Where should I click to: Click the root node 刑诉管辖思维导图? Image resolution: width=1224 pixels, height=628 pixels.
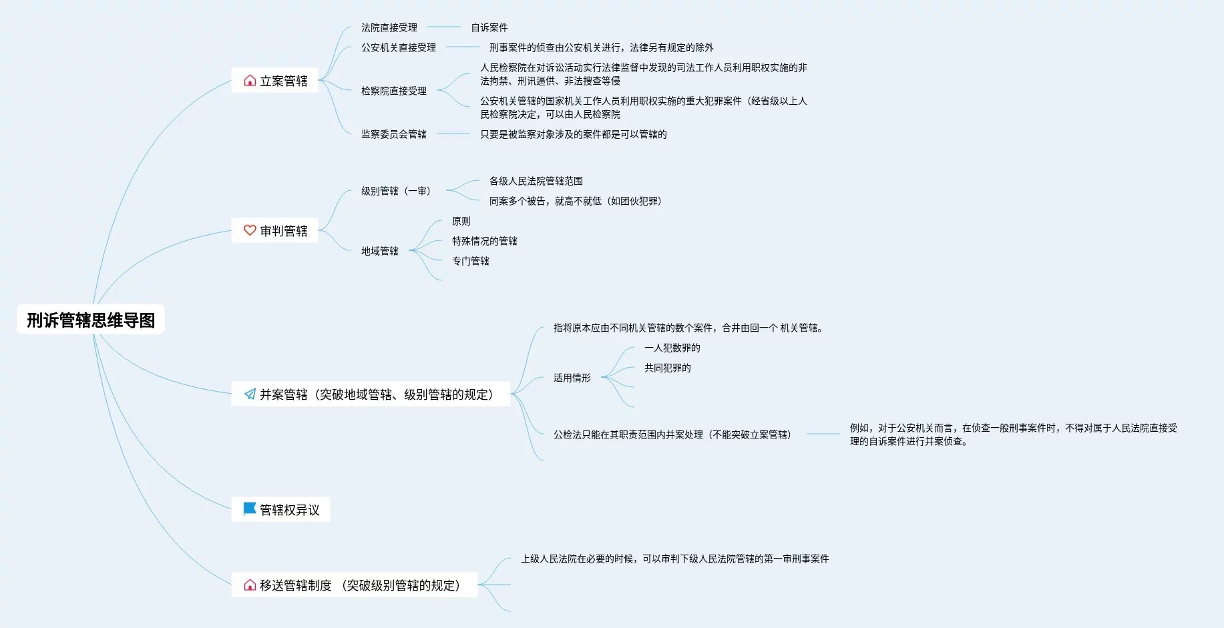coord(91,320)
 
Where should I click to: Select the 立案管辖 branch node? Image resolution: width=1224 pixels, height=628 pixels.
coord(275,81)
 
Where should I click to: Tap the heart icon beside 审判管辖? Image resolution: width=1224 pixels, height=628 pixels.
coord(250,230)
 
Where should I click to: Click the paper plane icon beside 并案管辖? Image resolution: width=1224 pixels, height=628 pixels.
coord(250,394)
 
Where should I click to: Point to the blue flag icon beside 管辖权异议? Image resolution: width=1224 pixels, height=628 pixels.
coord(250,509)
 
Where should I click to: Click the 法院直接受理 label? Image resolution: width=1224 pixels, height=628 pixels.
coord(389,27)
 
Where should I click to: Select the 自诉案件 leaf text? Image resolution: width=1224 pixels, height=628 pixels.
coord(489,27)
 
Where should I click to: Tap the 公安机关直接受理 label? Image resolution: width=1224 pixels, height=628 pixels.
coord(398,47)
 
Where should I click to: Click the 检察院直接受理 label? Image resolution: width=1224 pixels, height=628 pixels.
coord(393,91)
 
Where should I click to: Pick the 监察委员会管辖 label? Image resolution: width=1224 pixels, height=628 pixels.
coord(393,134)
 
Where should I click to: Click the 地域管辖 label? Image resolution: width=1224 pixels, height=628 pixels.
coord(379,251)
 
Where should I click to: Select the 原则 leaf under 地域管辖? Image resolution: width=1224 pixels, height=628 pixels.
coord(461,221)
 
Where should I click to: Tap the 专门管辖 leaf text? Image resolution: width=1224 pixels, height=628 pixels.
coord(470,261)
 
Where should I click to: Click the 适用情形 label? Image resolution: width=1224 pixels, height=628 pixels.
coord(572,378)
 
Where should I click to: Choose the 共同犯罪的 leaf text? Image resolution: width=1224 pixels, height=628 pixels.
coord(667,368)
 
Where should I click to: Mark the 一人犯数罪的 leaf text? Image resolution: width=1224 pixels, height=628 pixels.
coord(672,348)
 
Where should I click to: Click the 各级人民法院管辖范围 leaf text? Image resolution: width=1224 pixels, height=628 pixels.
coord(536,181)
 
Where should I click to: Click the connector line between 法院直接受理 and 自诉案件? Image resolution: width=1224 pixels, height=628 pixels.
coord(444,27)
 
